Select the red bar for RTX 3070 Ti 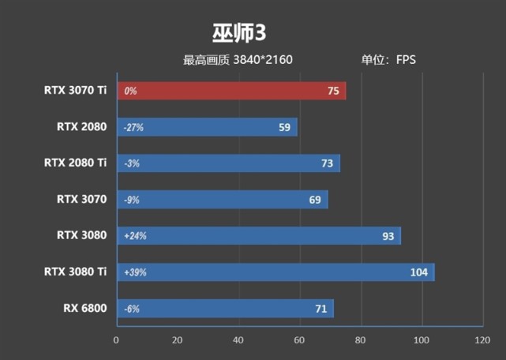231,91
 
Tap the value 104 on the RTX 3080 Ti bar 419,272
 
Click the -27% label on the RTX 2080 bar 133,127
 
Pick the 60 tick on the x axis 299,339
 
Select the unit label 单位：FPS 388,60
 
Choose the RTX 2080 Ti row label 75,163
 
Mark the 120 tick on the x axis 482,339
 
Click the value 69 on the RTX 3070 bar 315,200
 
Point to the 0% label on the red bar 130,91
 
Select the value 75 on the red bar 333,91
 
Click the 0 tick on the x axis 117,339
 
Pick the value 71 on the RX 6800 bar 320,309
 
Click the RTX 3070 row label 81,199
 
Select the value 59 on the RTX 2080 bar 284,127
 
